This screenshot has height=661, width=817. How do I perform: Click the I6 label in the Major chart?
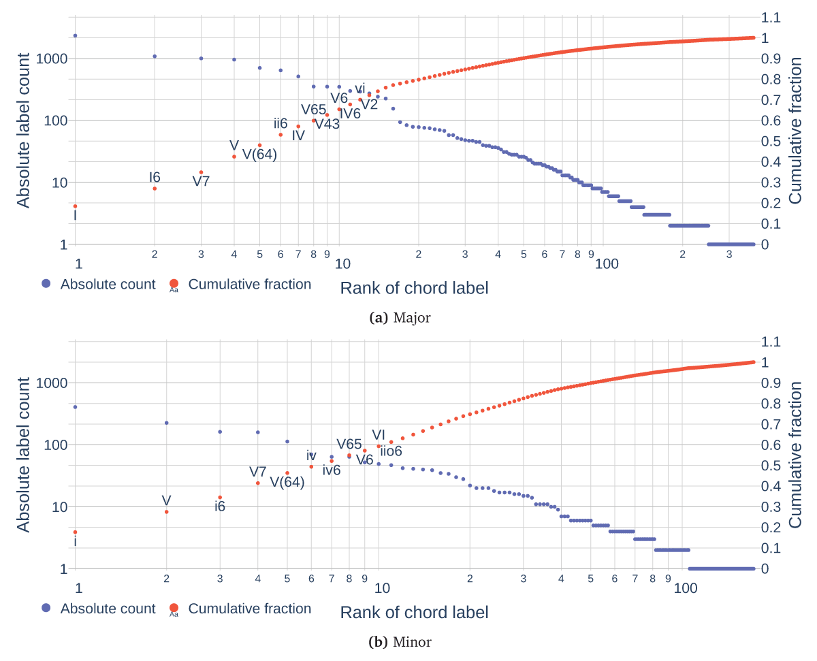pos(155,178)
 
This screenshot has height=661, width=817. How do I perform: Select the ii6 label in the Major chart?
pos(281,123)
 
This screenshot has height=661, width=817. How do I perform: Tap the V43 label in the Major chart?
pos(327,124)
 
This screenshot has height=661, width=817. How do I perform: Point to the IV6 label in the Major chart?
pos(350,114)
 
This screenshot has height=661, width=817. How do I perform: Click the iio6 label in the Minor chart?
pos(391,451)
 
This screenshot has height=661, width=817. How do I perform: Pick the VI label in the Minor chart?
pos(379,435)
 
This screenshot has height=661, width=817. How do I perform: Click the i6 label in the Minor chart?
pos(220,506)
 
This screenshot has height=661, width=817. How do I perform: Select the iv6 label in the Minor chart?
pos(332,470)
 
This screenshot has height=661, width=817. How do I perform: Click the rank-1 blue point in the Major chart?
pos(75,35)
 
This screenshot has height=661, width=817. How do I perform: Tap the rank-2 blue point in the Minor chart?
pos(166,423)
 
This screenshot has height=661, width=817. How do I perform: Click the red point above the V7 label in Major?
pos(201,172)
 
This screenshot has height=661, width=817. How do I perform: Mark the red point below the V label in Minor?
pos(166,512)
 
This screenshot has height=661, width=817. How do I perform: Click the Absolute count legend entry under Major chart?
pos(99,285)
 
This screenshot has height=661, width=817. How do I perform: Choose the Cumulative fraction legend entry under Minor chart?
pos(242,609)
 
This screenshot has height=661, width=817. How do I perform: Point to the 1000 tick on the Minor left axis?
pos(52,383)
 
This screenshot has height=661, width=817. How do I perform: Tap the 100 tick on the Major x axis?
pos(607,264)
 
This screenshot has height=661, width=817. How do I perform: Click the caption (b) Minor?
pos(400,642)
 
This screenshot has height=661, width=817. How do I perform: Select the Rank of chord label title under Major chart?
pos(414,288)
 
